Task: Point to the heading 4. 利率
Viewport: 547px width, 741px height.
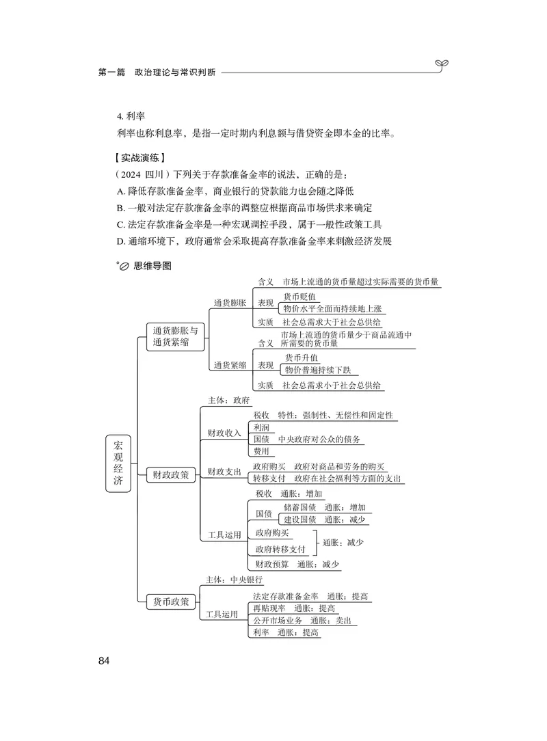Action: point(131,116)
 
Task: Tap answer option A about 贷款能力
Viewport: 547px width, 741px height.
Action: point(236,191)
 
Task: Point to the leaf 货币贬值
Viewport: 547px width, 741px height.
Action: point(300,296)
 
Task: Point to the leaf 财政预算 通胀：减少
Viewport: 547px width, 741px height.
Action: point(296,565)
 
